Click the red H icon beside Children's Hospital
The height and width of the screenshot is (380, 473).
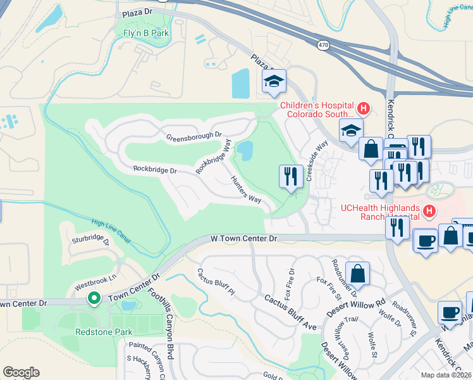(363, 109)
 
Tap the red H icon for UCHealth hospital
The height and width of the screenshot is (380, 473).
(429, 211)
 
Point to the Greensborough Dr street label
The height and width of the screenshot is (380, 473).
(194, 135)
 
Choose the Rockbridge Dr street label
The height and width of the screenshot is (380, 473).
(154, 170)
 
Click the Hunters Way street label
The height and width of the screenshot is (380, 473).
(245, 189)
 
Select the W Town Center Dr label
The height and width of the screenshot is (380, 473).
(244, 239)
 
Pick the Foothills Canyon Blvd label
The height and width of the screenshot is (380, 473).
(169, 323)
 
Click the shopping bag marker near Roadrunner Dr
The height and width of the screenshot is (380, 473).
(358, 274)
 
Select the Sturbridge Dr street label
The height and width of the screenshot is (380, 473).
(90, 241)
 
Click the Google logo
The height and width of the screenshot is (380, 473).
(21, 372)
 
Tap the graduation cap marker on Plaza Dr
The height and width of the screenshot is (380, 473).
(274, 82)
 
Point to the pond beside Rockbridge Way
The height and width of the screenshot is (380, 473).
(244, 151)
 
